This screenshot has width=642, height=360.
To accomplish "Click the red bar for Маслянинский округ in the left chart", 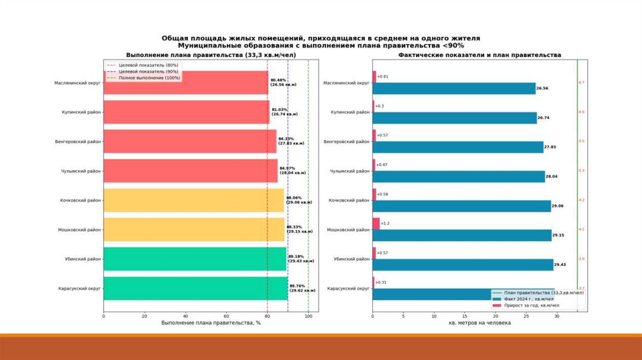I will point(185,83).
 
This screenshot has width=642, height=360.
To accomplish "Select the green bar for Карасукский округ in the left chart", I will point(194,289).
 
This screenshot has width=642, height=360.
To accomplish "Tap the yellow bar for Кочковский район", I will point(193,200).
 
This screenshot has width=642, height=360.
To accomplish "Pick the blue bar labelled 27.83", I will point(458,147).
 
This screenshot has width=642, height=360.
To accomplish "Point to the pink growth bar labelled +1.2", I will point(376,223).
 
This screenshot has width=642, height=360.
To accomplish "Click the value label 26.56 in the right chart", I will point(543,88).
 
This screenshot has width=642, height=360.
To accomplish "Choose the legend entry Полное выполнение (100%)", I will point(145,78).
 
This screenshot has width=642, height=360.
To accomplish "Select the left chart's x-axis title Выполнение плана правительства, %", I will point(211,324).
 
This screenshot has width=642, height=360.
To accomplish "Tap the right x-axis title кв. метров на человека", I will point(480,324).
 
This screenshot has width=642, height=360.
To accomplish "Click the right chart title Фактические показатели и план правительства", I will point(480,55).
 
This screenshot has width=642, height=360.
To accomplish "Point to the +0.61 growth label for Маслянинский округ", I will point(382,77).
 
